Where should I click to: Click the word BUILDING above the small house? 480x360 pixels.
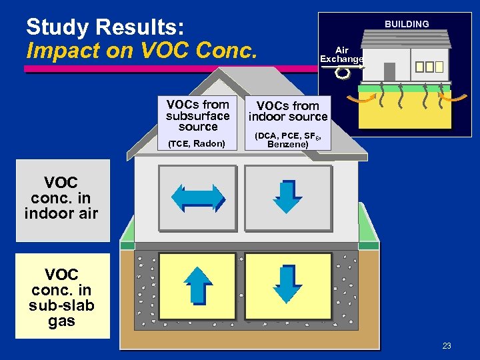[x=407, y=24]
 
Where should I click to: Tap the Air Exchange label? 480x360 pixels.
[x=341, y=55]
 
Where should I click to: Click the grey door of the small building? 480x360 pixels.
[x=389, y=71]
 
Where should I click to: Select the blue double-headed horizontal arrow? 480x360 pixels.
[x=198, y=197]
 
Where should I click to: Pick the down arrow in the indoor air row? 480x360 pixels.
[x=288, y=197]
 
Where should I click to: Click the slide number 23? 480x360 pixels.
[x=447, y=345]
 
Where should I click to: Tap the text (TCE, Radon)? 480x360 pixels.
[x=197, y=143]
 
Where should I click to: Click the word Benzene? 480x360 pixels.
[x=287, y=144]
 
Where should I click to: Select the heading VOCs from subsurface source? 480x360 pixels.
[x=198, y=115]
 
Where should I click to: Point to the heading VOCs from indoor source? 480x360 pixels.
[x=288, y=111]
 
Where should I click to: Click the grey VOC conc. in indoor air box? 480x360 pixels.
[x=62, y=199]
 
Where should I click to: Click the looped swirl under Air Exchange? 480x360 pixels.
[x=343, y=73]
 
